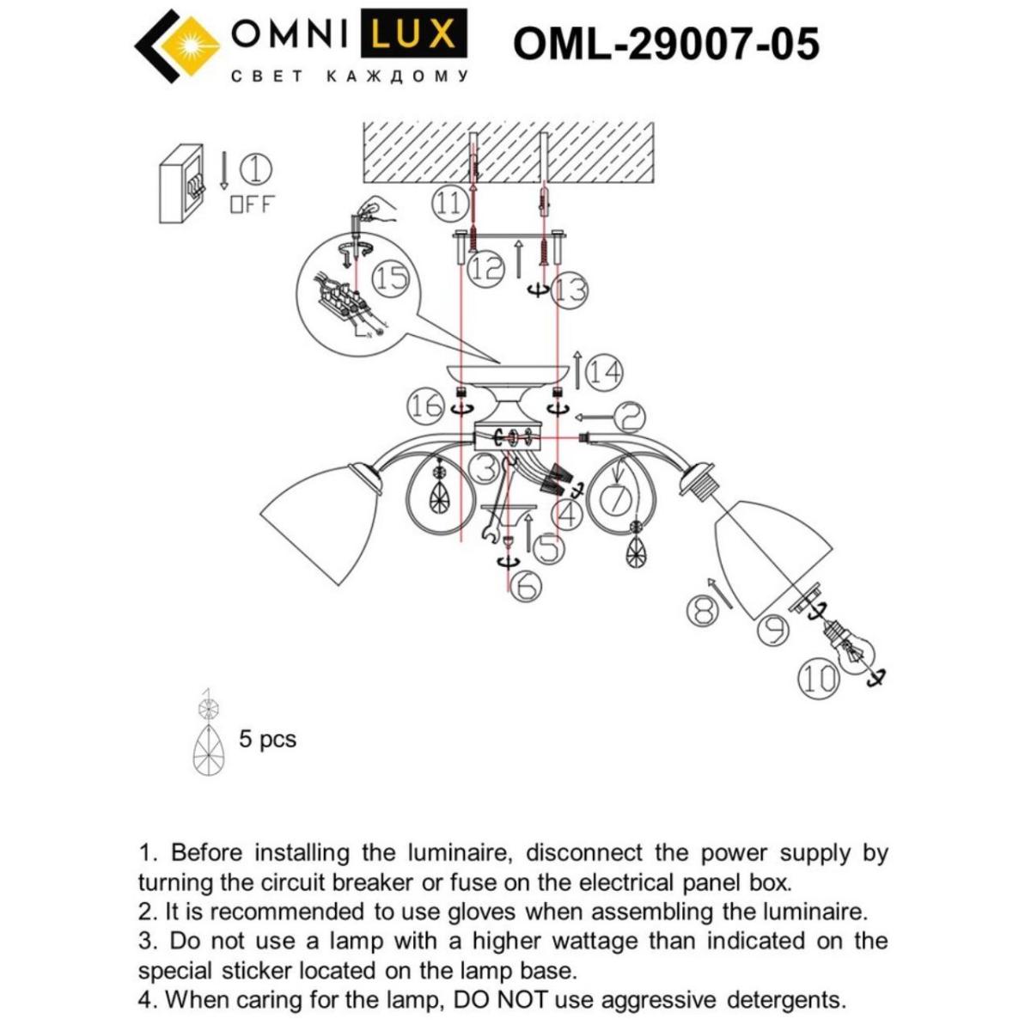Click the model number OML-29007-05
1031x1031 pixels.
(666, 43)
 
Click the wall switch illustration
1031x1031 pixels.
(182, 184)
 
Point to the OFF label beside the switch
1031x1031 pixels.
(251, 204)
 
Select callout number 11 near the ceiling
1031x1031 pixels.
(448, 204)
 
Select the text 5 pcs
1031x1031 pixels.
(267, 739)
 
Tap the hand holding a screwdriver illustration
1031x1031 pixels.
(372, 210)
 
